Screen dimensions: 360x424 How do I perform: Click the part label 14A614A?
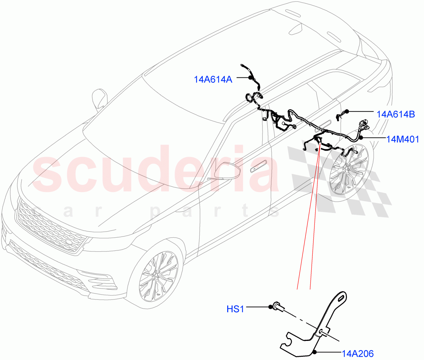(213, 80)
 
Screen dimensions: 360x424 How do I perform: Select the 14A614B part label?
(395, 114)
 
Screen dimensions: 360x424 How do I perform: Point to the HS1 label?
(235, 309)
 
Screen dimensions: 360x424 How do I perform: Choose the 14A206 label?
(357, 353)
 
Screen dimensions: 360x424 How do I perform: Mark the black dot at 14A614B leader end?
(347, 111)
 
